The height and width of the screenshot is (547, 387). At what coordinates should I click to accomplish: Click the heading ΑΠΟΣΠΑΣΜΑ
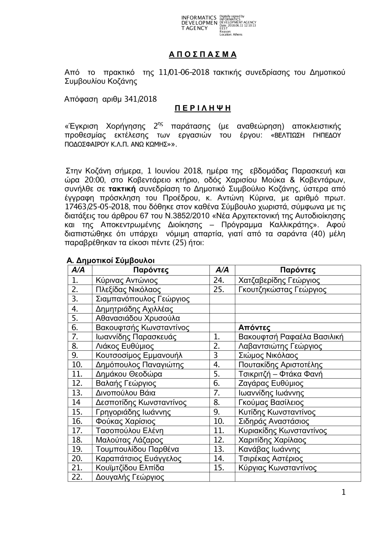202,55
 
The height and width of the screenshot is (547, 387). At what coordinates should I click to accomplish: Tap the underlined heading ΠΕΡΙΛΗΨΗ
202,108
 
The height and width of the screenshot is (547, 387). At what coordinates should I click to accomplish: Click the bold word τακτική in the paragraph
122,189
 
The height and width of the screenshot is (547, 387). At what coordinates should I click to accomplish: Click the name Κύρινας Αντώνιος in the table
127,280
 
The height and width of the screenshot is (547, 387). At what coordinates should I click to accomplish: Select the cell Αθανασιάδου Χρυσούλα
137,318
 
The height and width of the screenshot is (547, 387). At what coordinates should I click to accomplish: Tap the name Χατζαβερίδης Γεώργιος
279,280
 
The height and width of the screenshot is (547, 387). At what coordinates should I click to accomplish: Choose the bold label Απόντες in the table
254,328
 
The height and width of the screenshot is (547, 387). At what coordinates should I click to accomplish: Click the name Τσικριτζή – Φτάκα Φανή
281,374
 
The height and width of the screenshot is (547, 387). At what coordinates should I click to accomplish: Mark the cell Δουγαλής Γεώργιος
130,477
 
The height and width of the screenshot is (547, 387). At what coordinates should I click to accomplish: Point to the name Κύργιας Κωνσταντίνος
277,468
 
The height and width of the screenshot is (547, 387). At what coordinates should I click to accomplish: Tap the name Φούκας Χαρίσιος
125,421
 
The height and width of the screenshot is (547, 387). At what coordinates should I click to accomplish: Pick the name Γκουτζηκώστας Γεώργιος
282,290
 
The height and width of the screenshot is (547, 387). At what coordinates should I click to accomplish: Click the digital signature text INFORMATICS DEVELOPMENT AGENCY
199,23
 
